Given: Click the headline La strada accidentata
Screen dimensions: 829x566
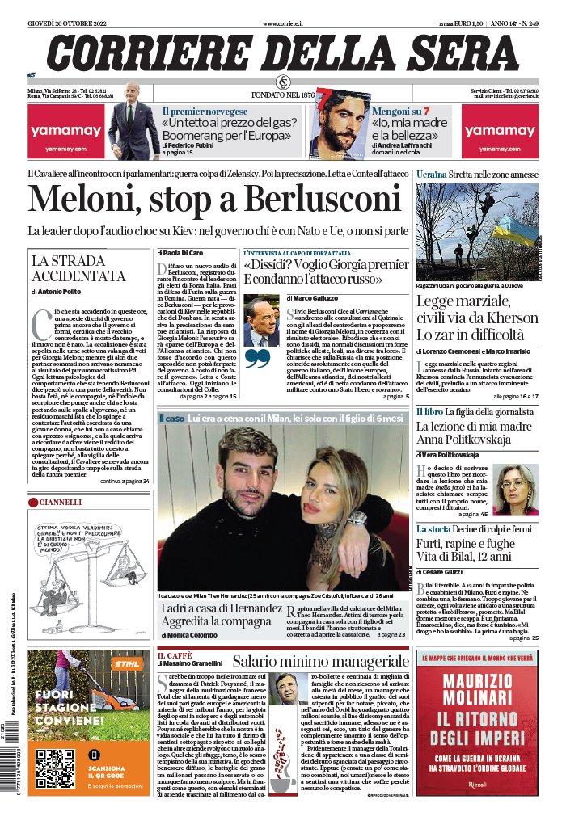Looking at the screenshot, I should (x=69, y=267).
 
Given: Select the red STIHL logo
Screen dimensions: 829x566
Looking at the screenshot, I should (x=125, y=665).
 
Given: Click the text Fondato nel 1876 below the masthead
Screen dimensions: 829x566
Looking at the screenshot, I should (x=283, y=95).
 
